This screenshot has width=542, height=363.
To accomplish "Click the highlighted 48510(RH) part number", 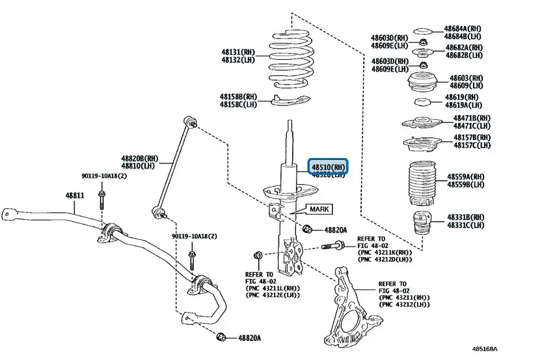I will pos(329,167).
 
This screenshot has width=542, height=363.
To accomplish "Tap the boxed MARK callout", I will pos(319,209).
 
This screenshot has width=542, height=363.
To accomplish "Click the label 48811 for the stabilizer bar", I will pos(75,195).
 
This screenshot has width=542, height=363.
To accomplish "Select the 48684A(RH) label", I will pos(463,29).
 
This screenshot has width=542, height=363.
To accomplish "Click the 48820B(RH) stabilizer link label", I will pos(139,158).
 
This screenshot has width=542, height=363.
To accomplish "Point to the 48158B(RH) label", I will pos(238,96).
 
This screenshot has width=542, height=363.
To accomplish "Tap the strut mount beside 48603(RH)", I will pos(422,82).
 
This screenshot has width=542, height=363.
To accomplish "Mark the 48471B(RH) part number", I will pos(472,118).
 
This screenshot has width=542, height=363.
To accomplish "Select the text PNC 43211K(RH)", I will pos(385,253).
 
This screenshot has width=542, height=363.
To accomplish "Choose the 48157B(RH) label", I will pos(472,138).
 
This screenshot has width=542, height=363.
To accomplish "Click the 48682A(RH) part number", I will pos(463,47).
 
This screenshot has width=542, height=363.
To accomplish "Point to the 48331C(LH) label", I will pos(465,225).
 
